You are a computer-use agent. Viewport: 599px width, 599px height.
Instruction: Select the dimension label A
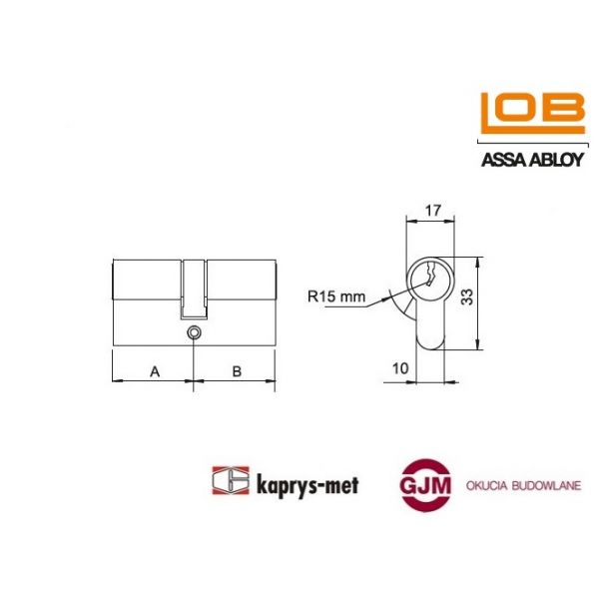(154, 371)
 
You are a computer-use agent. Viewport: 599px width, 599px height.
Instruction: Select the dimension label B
(237, 371)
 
